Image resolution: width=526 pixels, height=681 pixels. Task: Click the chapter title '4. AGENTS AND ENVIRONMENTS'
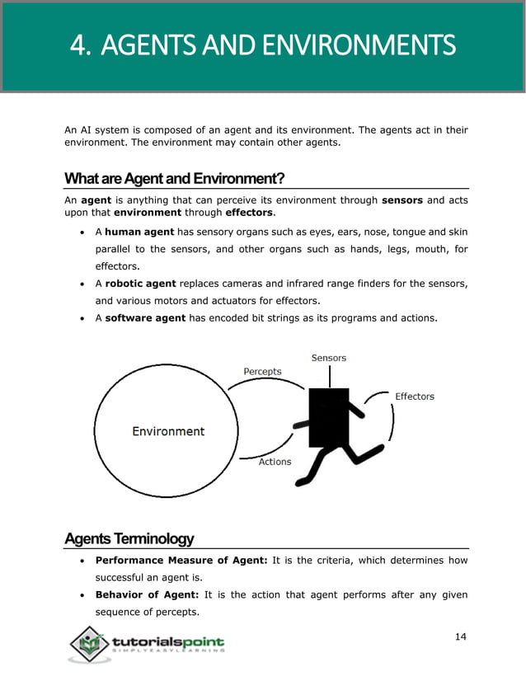262,45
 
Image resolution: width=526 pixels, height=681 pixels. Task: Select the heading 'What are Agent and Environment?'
175,179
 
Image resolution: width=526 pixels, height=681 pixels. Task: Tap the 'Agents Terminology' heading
129,538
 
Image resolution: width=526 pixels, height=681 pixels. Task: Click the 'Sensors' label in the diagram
328,358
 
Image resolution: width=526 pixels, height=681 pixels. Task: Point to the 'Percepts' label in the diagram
262,372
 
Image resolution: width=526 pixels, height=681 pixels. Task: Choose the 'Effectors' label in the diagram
414,397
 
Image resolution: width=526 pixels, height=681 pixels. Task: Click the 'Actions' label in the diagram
275,462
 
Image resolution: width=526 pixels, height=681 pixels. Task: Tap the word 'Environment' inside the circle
168,431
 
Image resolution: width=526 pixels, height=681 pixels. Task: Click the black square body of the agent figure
328,417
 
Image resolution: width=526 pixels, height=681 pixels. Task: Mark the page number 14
461,636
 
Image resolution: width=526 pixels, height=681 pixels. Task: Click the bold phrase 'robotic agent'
141,284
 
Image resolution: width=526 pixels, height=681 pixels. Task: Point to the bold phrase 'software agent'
145,318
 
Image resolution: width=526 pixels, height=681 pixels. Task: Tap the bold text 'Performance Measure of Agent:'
181,560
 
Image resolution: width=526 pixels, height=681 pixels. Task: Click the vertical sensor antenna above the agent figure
329,376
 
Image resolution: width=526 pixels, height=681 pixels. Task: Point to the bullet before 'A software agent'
82,318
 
